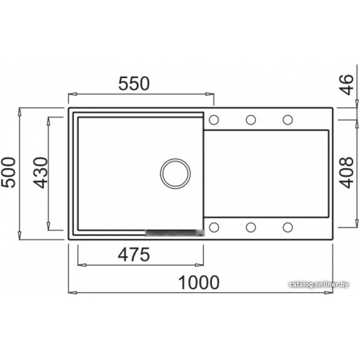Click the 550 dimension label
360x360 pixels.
tap(134, 84)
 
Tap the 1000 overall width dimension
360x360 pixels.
tap(199, 282)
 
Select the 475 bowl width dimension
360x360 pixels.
tap(134, 255)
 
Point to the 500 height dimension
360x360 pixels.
tap(8, 172)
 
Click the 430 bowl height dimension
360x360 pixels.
tap(40, 173)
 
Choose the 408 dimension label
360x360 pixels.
tap(346, 173)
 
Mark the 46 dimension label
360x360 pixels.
tap(347, 85)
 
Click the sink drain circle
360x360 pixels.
tap(175, 174)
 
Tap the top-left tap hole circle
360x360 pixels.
tap(214, 120)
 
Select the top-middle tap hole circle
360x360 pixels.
tap(251, 120)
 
